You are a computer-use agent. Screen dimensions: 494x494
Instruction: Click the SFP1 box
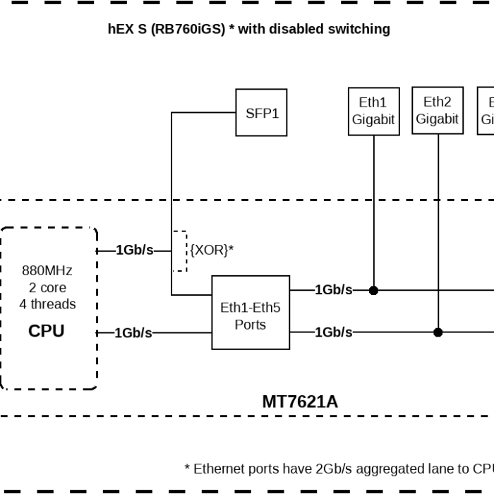pyautogui.click(x=261, y=112)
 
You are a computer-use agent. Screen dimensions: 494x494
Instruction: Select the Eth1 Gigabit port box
pyautogui.click(x=373, y=112)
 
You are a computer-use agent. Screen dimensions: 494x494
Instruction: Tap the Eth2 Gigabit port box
pyautogui.click(x=437, y=111)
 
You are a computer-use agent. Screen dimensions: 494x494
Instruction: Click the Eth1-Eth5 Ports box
pyautogui.click(x=250, y=316)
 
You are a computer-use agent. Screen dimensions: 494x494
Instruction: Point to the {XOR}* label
pyautogui.click(x=212, y=250)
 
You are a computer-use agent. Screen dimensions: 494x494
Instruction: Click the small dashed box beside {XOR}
pyautogui.click(x=180, y=251)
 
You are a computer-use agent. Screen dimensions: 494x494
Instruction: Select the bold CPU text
pyautogui.click(x=47, y=331)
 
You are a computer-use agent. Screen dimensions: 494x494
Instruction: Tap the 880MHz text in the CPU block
pyautogui.click(x=47, y=270)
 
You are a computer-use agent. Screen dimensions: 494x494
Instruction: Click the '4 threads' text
pyautogui.click(x=47, y=304)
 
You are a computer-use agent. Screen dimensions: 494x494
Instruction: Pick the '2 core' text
pyautogui.click(x=47, y=287)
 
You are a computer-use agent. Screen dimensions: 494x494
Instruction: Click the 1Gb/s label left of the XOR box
pyautogui.click(x=134, y=250)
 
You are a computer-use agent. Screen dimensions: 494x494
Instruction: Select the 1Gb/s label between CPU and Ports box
pyautogui.click(x=133, y=333)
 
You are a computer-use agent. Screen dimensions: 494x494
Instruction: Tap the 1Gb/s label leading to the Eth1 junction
pyautogui.click(x=333, y=290)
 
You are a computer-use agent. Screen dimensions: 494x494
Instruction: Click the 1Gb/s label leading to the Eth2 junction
pyautogui.click(x=333, y=332)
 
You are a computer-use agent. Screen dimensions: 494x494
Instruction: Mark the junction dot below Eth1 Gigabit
pyautogui.click(x=374, y=290)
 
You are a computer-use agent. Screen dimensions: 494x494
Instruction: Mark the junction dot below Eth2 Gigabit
pyautogui.click(x=438, y=332)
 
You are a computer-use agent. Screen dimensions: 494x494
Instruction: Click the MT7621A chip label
pyautogui.click(x=300, y=402)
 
